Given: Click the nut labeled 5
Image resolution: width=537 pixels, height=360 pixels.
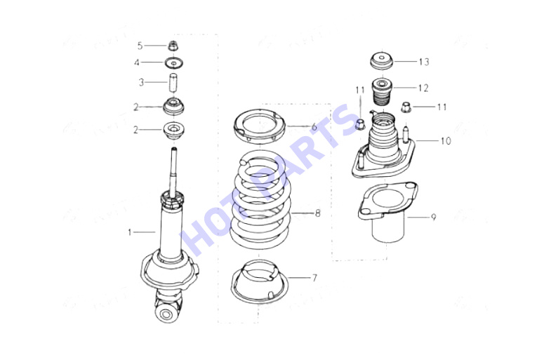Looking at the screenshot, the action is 173,46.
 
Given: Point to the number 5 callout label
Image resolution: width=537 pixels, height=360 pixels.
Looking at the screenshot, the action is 140,46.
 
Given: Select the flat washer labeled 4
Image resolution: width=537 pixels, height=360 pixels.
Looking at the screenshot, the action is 173,63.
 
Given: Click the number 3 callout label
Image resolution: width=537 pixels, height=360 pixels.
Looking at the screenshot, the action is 141,83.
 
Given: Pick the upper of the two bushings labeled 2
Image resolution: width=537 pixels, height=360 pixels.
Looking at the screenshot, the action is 173,107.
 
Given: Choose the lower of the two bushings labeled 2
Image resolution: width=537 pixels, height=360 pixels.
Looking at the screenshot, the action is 173,131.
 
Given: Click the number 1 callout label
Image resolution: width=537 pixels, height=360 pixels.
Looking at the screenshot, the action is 130,232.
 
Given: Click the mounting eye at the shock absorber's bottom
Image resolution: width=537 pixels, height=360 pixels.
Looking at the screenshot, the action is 167,313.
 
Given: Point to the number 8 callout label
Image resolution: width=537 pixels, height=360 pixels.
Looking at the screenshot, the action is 317,213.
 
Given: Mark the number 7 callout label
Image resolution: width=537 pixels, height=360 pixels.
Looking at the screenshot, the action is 314,278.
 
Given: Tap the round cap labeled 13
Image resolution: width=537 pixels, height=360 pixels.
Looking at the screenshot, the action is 382,60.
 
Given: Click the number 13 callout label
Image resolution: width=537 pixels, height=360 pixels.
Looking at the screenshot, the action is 424,62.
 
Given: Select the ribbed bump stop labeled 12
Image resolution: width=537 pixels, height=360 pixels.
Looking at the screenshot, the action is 382,93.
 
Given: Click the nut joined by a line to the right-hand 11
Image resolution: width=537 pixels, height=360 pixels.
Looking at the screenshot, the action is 406,107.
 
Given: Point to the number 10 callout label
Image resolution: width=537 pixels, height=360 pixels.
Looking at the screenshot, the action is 446,141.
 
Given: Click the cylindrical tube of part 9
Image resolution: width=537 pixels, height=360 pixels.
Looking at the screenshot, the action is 388,229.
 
